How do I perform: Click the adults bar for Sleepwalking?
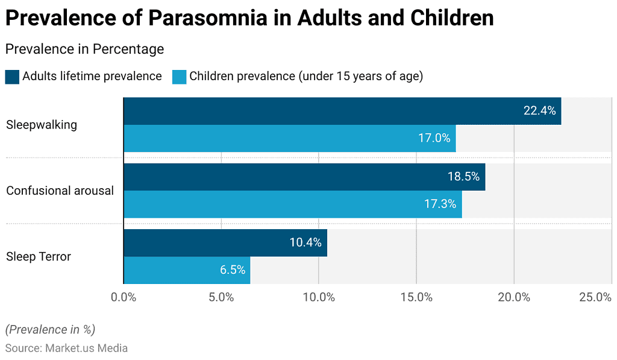(x=342, y=111)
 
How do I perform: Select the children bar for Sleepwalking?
(x=289, y=138)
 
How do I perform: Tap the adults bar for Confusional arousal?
(x=304, y=177)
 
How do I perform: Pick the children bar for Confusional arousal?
(x=292, y=204)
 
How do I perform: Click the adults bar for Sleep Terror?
(x=225, y=242)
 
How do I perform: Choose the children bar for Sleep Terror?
(x=186, y=270)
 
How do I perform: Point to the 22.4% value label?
(x=539, y=111)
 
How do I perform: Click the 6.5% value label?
(x=233, y=270)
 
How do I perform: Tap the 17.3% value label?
(x=440, y=204)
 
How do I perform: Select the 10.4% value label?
(x=305, y=243)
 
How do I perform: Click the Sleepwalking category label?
(x=42, y=125)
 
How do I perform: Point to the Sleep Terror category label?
(x=39, y=256)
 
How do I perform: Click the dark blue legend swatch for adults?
(x=12, y=77)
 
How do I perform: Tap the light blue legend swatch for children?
(x=179, y=77)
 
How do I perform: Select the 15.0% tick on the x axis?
(x=416, y=297)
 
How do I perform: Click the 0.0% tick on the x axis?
(x=124, y=297)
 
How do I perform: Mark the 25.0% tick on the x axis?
(x=595, y=297)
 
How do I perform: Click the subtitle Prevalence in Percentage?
(x=84, y=49)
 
